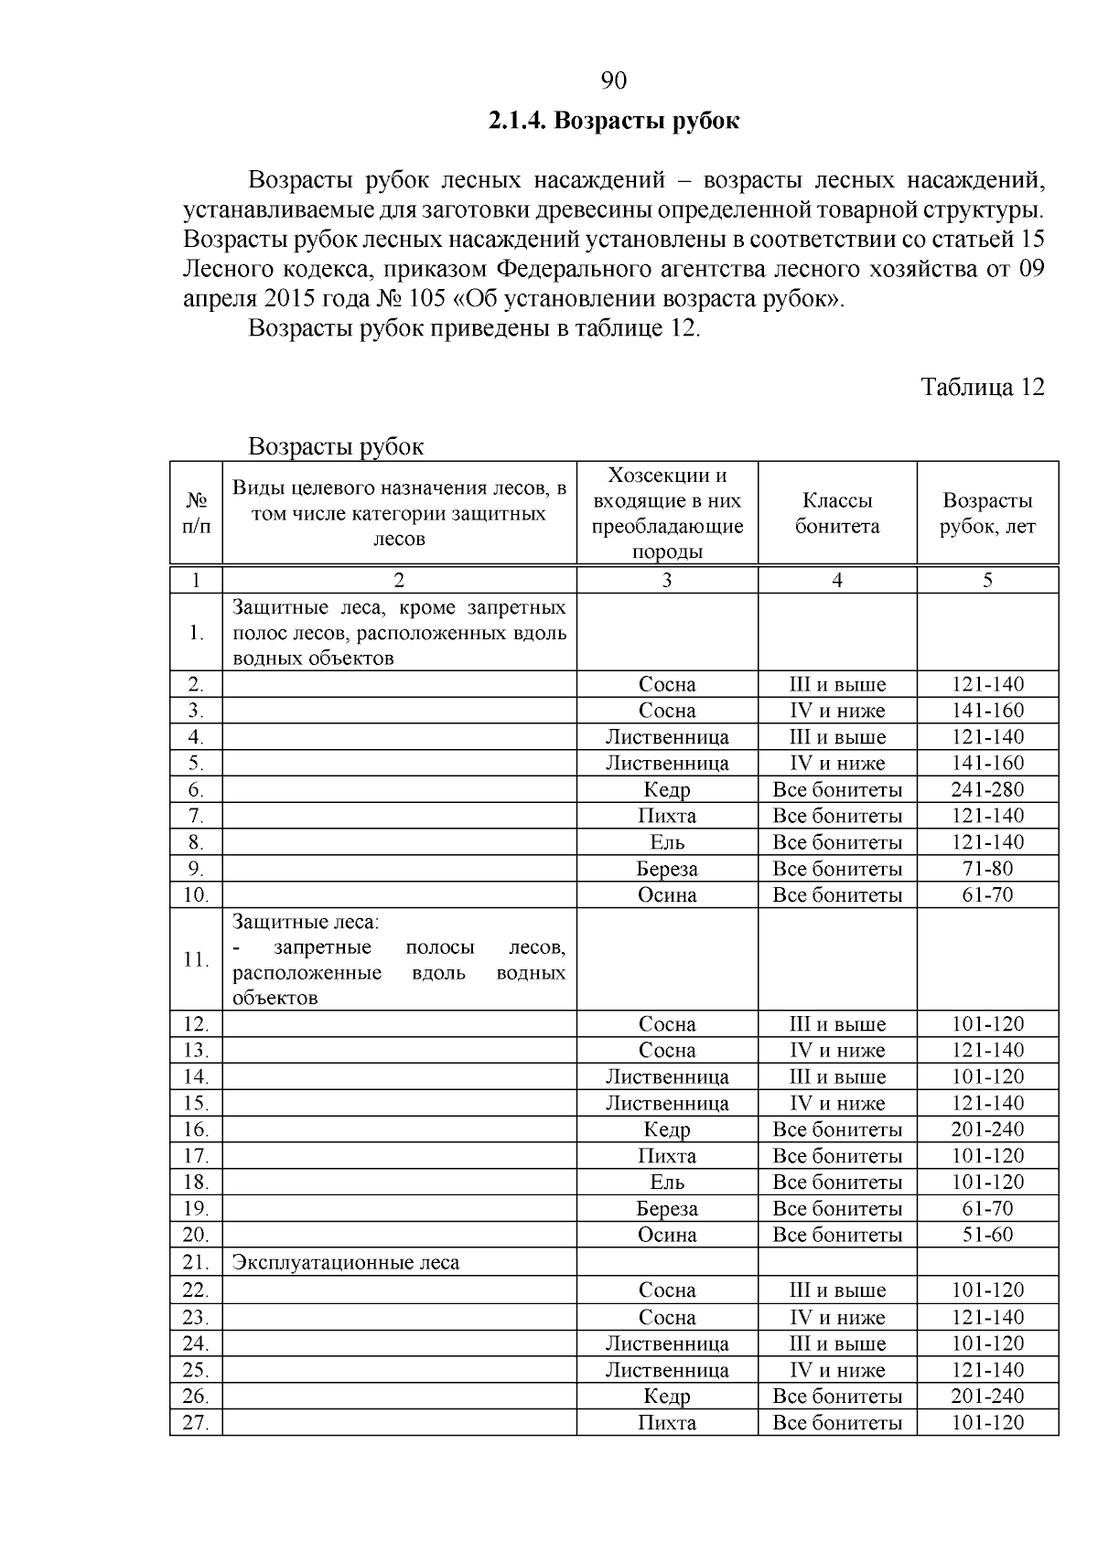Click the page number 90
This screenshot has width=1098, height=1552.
(x=613, y=81)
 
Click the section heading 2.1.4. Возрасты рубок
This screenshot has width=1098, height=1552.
(x=613, y=121)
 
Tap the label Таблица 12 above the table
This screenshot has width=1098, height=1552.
(x=982, y=387)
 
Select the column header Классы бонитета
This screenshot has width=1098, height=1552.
(x=836, y=513)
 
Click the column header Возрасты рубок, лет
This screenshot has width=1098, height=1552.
(x=987, y=513)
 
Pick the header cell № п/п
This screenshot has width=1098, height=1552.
(x=196, y=513)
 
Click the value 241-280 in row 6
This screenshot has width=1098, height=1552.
(x=987, y=789)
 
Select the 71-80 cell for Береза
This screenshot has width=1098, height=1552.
(x=987, y=869)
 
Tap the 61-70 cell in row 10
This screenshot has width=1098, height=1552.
(x=987, y=894)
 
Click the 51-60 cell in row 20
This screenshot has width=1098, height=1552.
(x=987, y=1235)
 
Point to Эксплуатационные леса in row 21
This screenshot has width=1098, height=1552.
(x=346, y=1263)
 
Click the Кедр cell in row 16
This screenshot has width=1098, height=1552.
(x=667, y=1129)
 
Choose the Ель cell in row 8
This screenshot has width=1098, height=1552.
(x=667, y=842)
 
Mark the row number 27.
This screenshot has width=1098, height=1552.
(x=196, y=1423)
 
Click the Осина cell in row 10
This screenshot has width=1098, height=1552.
(x=667, y=895)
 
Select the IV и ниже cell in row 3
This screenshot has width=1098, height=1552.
(x=836, y=711)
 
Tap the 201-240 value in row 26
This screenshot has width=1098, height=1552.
(x=987, y=1397)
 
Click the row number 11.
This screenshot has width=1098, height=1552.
(x=196, y=959)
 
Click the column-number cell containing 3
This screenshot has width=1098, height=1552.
(x=667, y=580)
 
